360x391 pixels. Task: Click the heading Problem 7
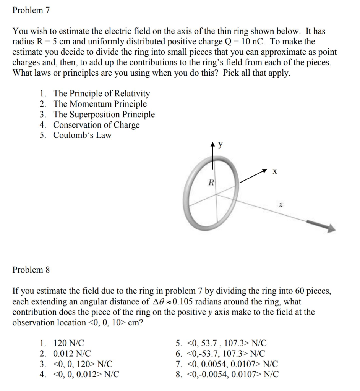click(31, 10)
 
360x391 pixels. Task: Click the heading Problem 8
click(31, 270)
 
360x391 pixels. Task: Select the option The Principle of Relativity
click(101, 94)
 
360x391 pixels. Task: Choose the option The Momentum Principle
click(100, 104)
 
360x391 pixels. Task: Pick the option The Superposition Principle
click(104, 114)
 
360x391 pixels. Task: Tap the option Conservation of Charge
click(96, 125)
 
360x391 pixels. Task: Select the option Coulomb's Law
click(82, 135)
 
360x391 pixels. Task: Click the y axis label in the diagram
click(221, 144)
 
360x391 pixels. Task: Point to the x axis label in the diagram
click(275, 172)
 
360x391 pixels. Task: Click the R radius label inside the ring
click(211, 182)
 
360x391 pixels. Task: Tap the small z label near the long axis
click(281, 206)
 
